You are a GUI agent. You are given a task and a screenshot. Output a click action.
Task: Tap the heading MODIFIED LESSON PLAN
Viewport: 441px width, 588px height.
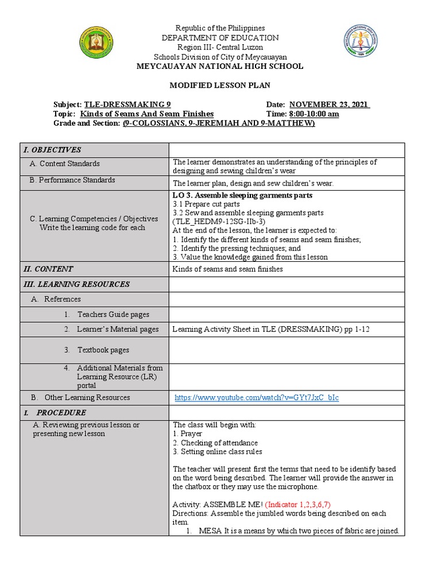click(x=219, y=85)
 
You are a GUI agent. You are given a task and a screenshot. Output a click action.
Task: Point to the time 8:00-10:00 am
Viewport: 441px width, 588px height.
click(x=314, y=114)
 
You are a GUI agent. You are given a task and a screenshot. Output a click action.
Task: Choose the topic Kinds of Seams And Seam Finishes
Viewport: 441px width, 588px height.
click(x=147, y=114)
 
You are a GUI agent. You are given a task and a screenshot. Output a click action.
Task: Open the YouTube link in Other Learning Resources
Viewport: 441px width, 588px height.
click(x=257, y=397)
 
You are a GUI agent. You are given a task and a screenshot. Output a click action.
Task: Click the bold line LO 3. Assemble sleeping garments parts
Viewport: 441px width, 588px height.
click(x=242, y=195)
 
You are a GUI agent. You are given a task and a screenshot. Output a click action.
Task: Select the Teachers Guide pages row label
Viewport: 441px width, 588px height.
click(x=113, y=314)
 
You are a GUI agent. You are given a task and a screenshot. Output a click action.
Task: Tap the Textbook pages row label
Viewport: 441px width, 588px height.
click(x=103, y=350)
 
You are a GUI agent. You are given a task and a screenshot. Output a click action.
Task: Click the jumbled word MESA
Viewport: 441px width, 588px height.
click(x=206, y=531)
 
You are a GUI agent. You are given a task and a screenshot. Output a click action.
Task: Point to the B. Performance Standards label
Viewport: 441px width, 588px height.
click(x=72, y=180)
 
